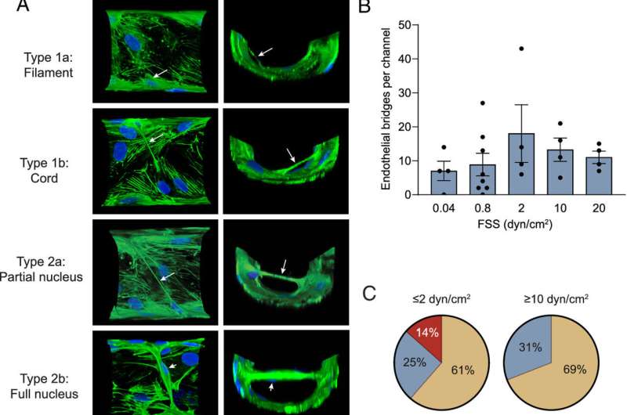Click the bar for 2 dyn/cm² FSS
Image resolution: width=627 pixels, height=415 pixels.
[x=499, y=164]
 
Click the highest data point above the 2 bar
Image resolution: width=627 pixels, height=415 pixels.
[x=499, y=49]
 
